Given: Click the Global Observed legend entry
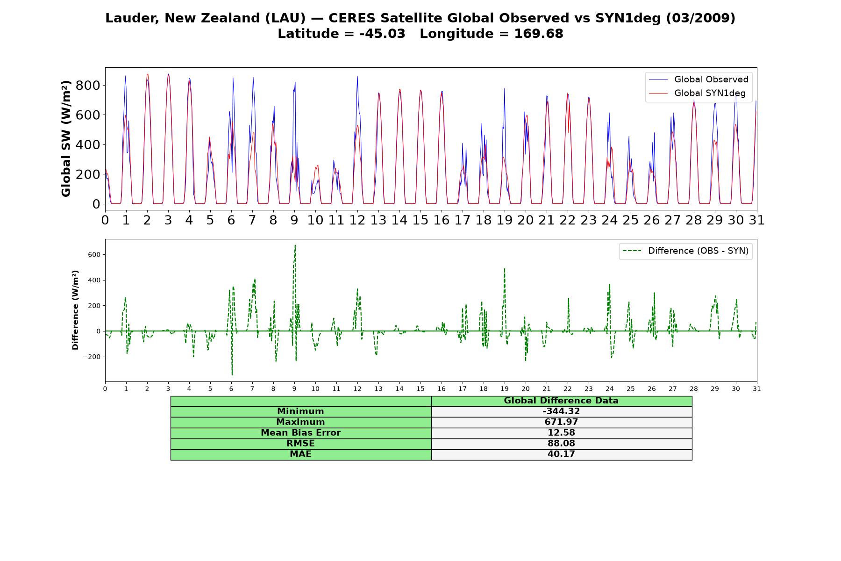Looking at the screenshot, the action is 697,79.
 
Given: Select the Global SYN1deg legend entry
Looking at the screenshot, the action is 697,93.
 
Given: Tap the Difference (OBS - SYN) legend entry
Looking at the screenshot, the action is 686,251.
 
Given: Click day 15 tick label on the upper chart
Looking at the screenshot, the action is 420,220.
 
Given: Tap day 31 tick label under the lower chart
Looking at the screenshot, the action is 757,388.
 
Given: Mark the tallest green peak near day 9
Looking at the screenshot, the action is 295,245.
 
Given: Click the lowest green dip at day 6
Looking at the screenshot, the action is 232,374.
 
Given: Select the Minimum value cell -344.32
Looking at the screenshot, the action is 561,411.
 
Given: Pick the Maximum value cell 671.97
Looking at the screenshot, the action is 561,422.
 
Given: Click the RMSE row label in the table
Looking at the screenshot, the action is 300,444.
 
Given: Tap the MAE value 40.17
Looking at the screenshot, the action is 561,454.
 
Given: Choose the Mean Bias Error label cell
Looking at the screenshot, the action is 300,433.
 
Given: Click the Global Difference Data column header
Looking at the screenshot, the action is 561,401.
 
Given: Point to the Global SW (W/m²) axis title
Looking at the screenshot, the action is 66,138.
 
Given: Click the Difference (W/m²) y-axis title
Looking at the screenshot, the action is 75,310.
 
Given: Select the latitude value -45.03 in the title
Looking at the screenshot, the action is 382,34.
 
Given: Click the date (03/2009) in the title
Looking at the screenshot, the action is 700,18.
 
